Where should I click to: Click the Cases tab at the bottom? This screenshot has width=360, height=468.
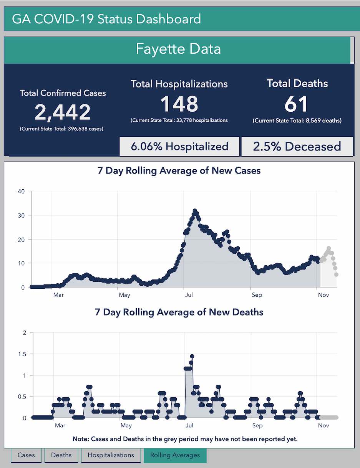point(26,455)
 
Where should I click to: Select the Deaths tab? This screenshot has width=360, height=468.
point(61,455)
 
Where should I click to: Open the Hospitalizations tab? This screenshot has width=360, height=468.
point(111,455)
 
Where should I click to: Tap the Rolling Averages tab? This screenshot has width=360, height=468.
point(175,455)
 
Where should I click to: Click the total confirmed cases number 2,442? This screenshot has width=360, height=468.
point(63,112)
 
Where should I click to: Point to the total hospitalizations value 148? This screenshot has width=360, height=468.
point(179,104)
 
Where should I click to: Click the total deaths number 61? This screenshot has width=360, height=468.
point(297,104)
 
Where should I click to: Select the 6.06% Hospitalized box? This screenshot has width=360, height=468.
point(179,146)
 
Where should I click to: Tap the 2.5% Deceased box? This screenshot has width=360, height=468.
point(297,146)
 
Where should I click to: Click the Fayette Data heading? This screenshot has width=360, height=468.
point(178,49)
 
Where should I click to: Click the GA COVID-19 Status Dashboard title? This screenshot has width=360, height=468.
point(106,19)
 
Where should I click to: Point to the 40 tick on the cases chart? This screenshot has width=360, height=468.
point(21,191)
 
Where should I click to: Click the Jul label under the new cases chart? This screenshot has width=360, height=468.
point(189,295)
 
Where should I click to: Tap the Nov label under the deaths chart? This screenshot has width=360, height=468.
point(324,425)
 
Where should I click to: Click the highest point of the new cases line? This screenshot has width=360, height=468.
point(195,211)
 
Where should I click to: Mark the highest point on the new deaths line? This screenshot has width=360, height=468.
point(192,356)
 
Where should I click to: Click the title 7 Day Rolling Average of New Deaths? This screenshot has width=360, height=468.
point(179,312)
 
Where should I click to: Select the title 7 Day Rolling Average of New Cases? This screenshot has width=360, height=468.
point(179,171)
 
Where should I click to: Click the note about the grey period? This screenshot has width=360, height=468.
point(185,438)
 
